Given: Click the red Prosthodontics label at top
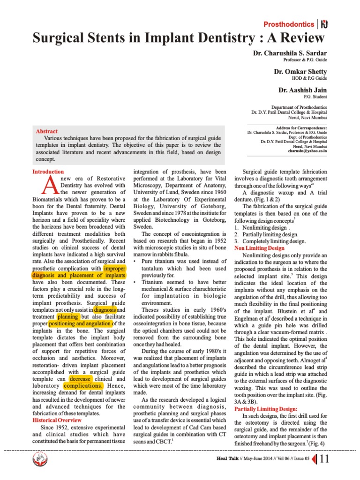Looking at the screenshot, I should pos(288,24).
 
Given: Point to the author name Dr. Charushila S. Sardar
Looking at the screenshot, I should pos(290,53).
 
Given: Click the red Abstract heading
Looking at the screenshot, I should pos(46,132).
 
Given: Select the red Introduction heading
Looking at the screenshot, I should pos(48,172).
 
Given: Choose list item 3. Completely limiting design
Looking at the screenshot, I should pos(270,241).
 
